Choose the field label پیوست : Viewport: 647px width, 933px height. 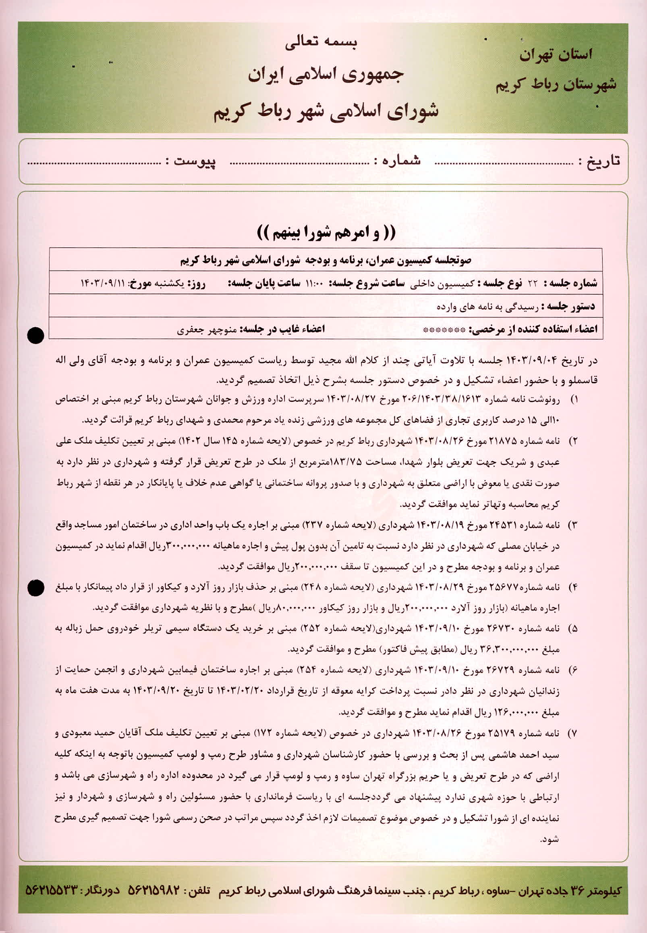pos(191,162)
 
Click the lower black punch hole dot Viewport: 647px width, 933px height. pos(36,588)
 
